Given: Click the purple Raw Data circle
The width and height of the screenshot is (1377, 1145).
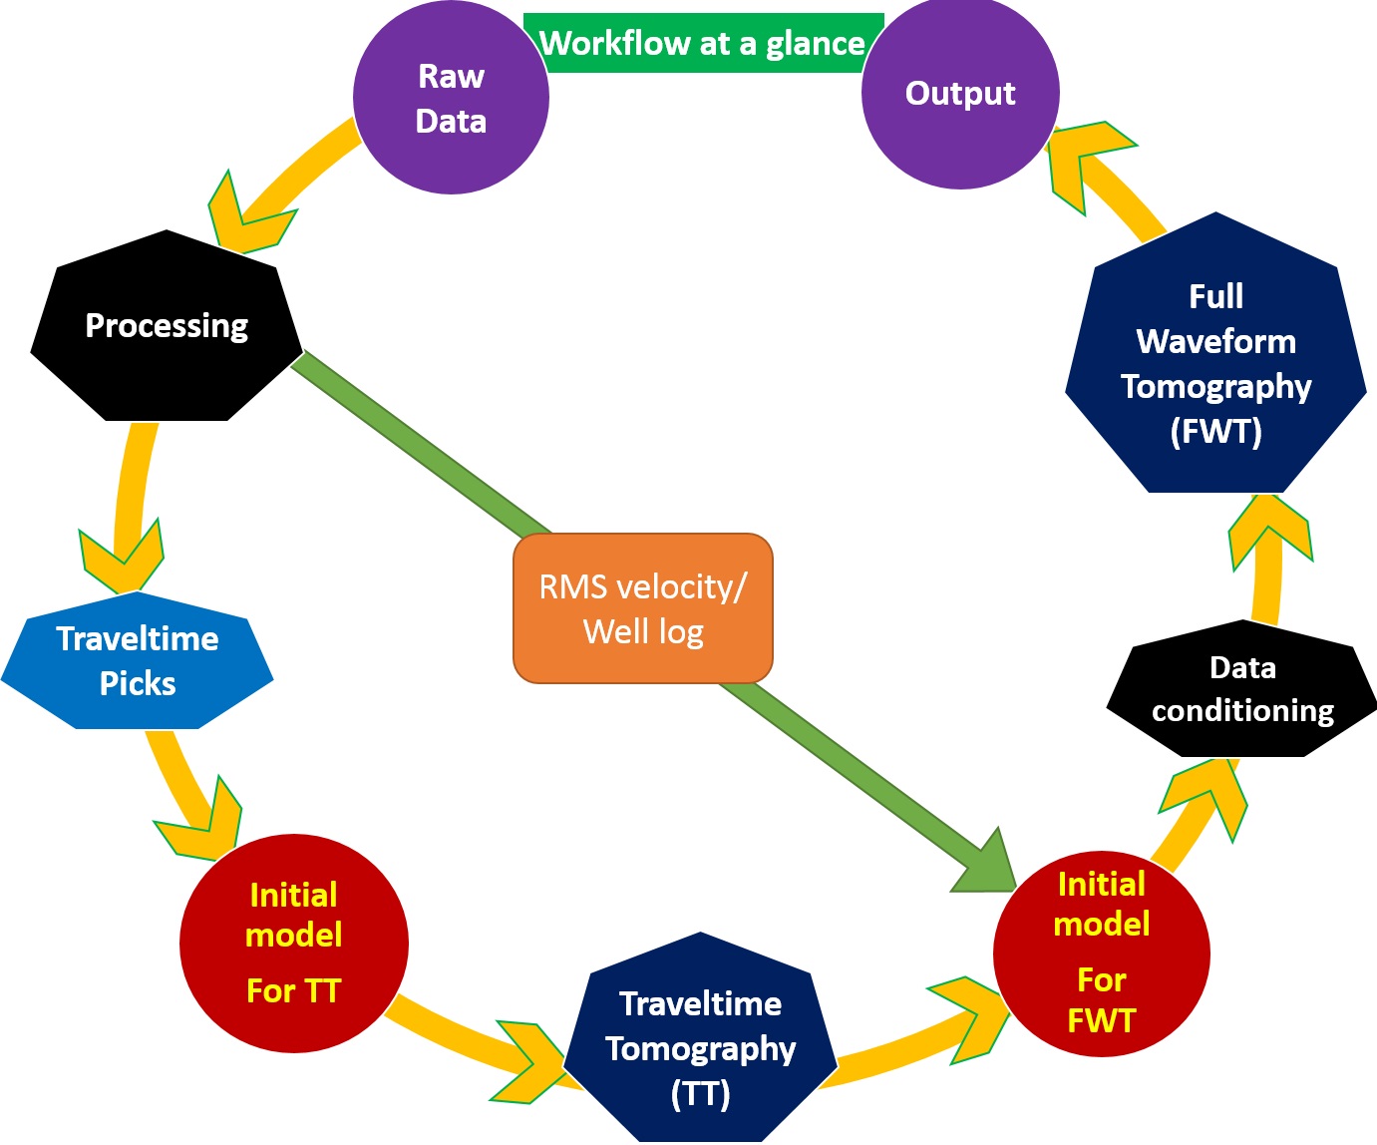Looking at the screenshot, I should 451,98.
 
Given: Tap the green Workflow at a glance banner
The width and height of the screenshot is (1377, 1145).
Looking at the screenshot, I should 702,43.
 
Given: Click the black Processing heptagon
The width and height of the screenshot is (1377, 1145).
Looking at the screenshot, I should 167,326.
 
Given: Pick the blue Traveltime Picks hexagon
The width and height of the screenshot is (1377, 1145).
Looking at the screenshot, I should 138,660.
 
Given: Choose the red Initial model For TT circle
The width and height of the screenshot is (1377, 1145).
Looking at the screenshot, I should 293,943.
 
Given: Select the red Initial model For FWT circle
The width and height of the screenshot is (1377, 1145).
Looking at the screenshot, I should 1101,953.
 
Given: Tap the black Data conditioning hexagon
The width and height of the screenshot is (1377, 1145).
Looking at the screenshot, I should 1242,689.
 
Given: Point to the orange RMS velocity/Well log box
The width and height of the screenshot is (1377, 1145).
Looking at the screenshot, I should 643,608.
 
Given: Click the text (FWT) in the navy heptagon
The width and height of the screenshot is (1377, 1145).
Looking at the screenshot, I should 1215,431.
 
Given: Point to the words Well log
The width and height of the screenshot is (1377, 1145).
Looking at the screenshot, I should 643,631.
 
